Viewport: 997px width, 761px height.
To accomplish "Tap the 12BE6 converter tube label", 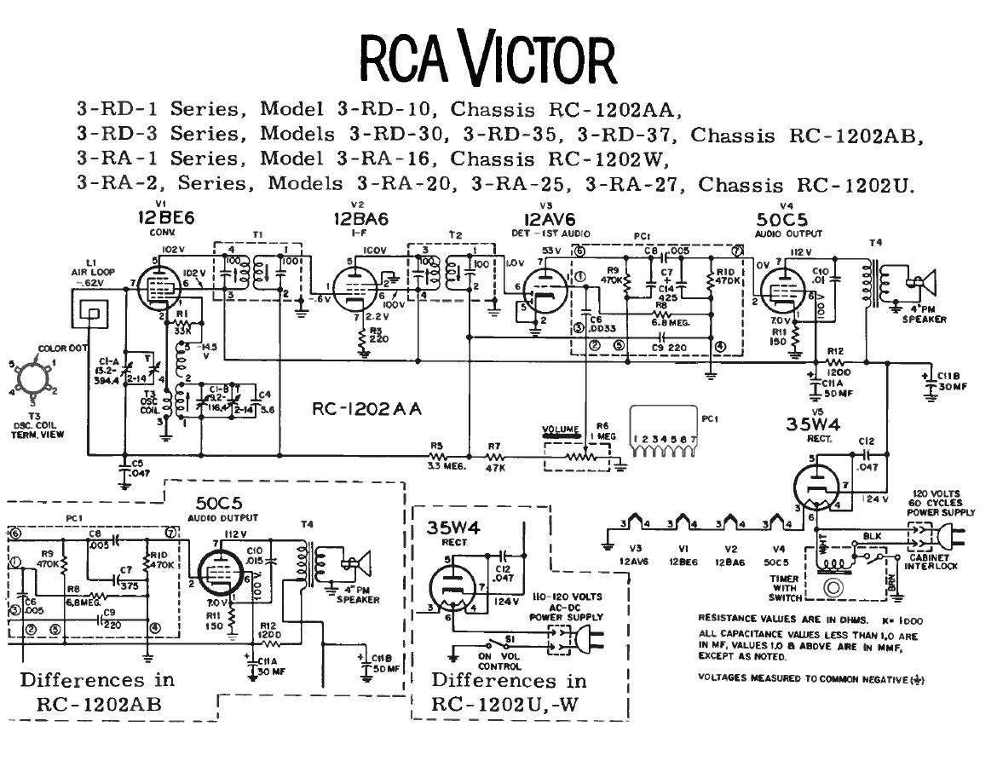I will [x=166, y=218].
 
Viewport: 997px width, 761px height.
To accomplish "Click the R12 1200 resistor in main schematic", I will [x=834, y=365].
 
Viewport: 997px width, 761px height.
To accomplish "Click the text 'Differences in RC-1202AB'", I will [x=96, y=691].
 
